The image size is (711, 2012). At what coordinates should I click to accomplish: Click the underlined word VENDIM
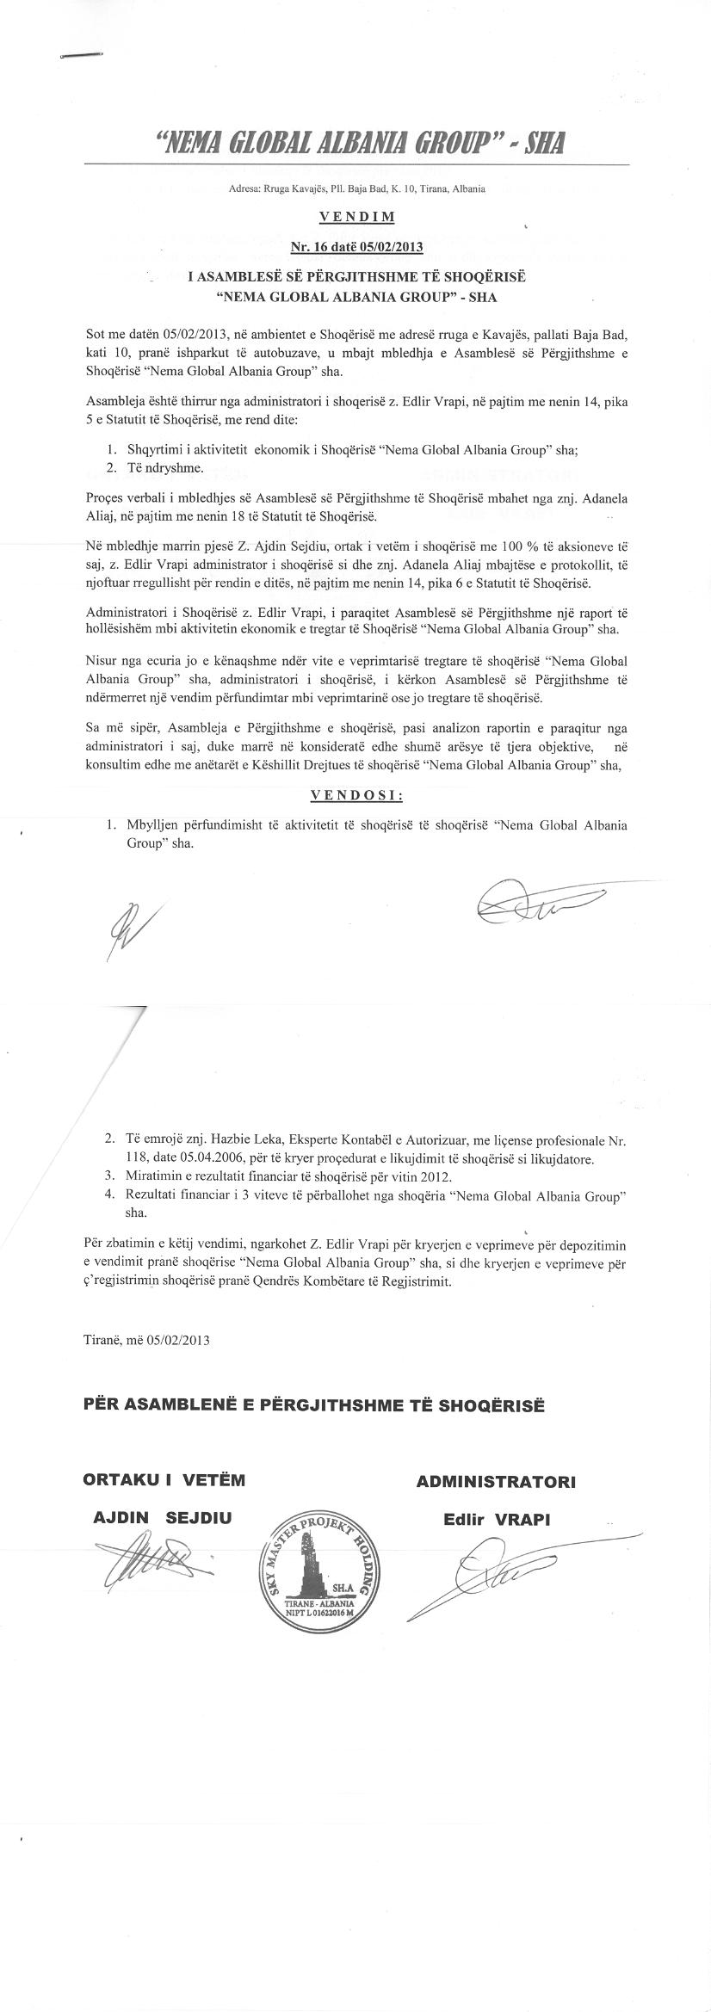coord(356,217)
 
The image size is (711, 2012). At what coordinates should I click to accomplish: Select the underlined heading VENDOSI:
coord(356,794)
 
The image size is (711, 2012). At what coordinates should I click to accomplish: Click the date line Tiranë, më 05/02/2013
coord(147,1340)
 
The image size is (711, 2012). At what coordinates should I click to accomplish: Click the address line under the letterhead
coord(356,188)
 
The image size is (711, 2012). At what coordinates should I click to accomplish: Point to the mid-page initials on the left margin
coord(125,929)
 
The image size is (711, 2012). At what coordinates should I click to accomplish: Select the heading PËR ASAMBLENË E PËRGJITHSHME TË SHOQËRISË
coord(314,1405)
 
